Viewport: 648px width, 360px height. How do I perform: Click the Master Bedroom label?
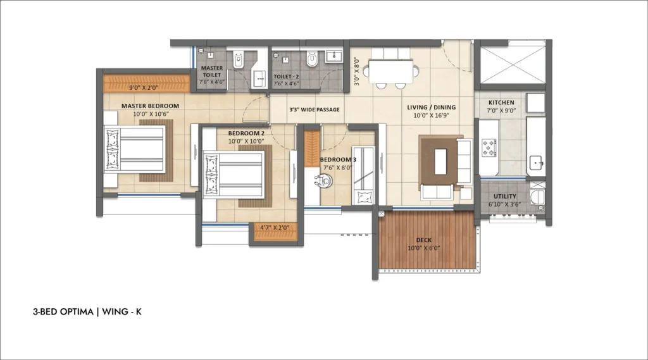tap(150, 106)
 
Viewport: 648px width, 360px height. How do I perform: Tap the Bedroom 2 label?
tap(246, 133)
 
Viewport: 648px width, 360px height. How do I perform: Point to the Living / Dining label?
tap(431, 108)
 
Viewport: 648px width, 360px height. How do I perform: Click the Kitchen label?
tap(501, 102)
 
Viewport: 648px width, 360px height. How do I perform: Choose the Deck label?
tap(424, 240)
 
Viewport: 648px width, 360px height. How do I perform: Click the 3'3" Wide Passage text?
tap(314, 110)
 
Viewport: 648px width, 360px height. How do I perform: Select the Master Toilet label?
tap(212, 71)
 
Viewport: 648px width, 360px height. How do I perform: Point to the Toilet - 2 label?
tap(286, 75)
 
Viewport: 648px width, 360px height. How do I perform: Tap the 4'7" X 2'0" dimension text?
tap(275, 227)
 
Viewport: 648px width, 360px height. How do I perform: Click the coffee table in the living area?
tap(438, 159)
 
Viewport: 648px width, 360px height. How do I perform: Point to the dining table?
tap(392, 68)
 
